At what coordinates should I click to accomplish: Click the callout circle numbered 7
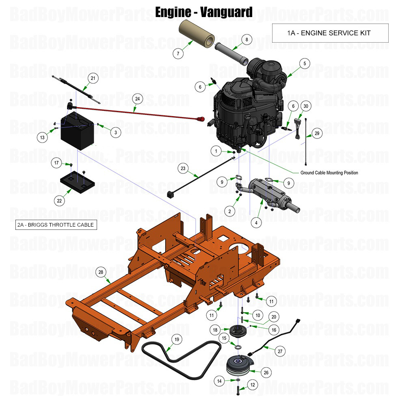click(x=177, y=54)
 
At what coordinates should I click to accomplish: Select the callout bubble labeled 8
click(x=246, y=39)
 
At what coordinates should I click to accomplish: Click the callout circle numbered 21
click(x=93, y=78)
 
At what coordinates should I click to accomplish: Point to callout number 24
click(x=137, y=99)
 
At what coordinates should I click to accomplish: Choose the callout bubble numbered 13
click(x=42, y=138)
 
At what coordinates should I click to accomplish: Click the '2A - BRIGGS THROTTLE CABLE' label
click(x=56, y=225)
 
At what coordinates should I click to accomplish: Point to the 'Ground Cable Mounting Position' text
click(x=329, y=173)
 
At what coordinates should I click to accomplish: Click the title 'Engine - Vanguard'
click(x=203, y=12)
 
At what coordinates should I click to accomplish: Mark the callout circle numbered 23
click(x=183, y=168)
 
